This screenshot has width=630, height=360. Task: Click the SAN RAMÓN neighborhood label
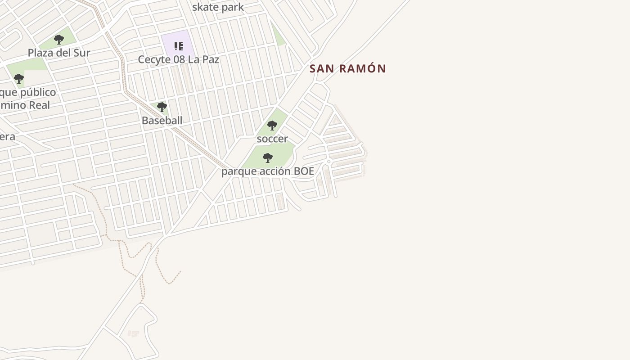tap(348, 69)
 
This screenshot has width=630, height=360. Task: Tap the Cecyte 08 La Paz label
tap(178, 59)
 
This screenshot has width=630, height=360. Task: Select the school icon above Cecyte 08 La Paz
tap(179, 46)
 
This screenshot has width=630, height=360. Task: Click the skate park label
tap(218, 7)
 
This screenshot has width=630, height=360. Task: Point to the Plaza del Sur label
tap(59, 53)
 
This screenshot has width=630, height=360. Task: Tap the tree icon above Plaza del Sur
tap(59, 40)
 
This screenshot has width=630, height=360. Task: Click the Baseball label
tap(162, 121)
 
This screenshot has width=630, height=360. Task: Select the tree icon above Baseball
tap(162, 107)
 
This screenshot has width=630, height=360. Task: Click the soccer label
tap(272, 139)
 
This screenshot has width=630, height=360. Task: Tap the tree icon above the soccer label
tap(272, 126)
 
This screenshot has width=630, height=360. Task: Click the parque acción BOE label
tap(267, 171)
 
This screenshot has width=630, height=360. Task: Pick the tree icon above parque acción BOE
tap(268, 158)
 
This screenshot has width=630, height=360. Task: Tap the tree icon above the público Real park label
tap(18, 79)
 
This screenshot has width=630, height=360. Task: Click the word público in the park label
tap(34, 93)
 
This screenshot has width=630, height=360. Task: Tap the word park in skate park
tap(232, 7)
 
